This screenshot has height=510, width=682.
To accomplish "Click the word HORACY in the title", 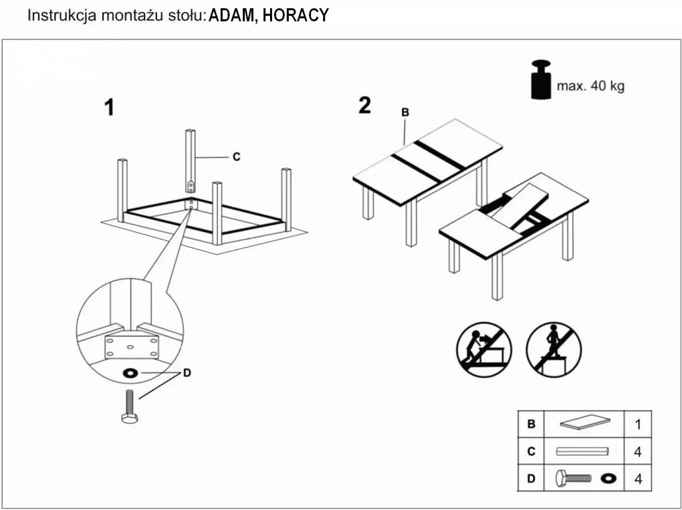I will tap(296, 16).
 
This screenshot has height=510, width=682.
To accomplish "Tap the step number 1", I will tap(109, 108).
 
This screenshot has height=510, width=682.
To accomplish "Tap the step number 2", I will tap(364, 106).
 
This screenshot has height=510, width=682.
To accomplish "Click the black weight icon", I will tap(542, 80).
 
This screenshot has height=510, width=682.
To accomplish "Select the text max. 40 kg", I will tap(590, 86).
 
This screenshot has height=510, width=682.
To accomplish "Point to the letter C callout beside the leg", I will tap(236, 157).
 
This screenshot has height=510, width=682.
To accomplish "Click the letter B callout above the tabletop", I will tap(405, 113).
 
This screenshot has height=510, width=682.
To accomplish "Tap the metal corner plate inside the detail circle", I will tap(131, 347).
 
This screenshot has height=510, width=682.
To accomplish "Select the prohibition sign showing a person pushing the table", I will tap(484, 350).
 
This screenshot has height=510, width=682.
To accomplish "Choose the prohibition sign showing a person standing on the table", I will tap(554, 350).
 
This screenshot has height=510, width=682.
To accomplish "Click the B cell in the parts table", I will tap(532, 424).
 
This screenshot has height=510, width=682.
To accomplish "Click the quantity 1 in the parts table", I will tap(637, 424).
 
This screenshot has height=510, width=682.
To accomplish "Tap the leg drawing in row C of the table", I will tap(583, 452).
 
